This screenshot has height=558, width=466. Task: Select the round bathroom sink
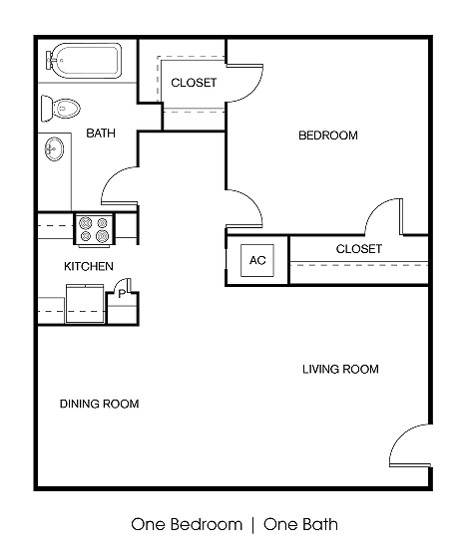[54, 150]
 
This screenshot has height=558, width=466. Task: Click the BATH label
[101, 133]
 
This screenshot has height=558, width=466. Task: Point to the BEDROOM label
[327, 136]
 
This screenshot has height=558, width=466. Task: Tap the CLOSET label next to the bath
[194, 83]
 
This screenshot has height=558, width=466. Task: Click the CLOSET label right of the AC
[358, 248]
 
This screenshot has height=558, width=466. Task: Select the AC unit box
[257, 260]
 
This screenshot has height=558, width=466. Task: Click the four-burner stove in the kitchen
[95, 229]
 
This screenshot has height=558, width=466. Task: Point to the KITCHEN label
[89, 266]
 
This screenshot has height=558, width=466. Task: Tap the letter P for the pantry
[122, 294]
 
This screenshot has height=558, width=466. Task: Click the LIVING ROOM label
[340, 369]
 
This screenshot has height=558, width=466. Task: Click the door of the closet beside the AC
[384, 216]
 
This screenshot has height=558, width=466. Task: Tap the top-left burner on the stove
[87, 222]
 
